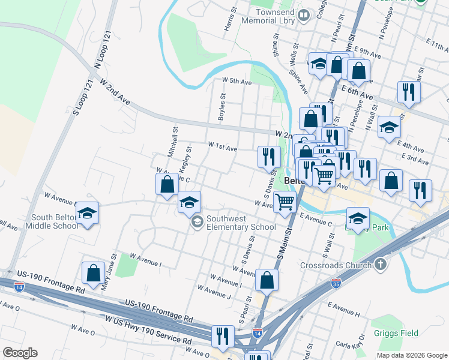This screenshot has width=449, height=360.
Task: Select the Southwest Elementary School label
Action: tap(241, 223)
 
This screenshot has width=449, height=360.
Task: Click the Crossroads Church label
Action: tap(343, 265)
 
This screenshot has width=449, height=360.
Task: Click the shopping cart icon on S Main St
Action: tap(285, 202)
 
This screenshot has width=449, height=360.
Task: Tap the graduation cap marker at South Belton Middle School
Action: tap(88, 213)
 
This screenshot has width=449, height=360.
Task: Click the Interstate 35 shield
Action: tap(336, 282)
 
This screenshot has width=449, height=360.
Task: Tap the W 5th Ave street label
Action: tap(237, 81)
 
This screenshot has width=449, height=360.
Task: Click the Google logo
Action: tap(20, 353)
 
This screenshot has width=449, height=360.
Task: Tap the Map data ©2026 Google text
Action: tap(411, 355)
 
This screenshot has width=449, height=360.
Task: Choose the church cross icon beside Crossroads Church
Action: tap(381, 265)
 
